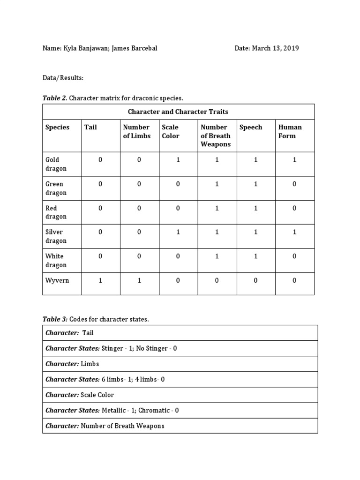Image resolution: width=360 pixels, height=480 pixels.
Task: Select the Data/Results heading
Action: pos(63,77)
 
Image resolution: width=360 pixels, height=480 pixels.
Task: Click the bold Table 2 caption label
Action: pos(55,98)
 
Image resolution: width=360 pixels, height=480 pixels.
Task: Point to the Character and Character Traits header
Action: pos(178,112)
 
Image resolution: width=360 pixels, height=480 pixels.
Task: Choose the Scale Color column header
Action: pos(171,131)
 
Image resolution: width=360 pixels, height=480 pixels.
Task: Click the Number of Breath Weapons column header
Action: pos(215,135)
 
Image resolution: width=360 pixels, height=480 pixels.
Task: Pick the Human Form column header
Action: pos(290,131)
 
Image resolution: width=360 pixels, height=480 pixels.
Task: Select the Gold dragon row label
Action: pos(56,164)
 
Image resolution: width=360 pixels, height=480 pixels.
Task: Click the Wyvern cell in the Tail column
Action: pos(100,280)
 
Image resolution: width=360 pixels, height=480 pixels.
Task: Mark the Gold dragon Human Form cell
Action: pos(294,160)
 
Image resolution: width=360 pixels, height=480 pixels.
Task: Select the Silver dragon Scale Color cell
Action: pos(178,232)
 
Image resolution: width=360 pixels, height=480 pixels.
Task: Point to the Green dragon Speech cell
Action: pos(256,184)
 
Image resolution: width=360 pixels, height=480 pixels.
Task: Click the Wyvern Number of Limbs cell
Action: pos(139,280)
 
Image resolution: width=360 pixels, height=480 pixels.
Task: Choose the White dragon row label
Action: pos(56,260)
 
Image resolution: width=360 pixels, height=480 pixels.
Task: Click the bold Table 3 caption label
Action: pos(55,319)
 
